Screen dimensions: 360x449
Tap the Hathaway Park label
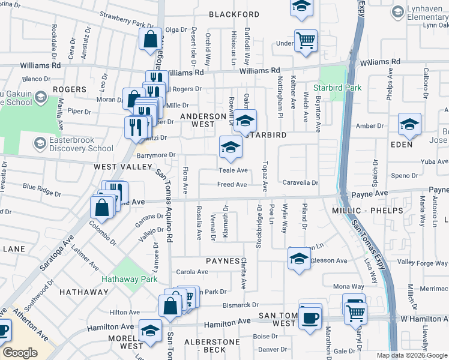tap(129, 279)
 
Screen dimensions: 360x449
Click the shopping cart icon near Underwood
tap(306, 40)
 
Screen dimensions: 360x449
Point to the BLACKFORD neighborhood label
tap(234, 14)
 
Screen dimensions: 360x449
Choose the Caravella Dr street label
tap(300, 182)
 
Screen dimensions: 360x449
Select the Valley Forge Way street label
tap(423, 262)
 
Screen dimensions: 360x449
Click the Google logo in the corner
tap(20, 352)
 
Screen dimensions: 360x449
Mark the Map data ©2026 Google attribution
tap(412, 355)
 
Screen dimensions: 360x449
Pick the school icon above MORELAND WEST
tap(150, 330)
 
